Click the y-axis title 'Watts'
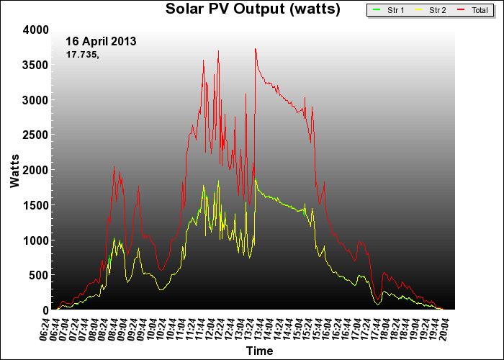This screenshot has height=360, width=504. [15, 169]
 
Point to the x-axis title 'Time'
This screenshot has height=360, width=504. [259, 351]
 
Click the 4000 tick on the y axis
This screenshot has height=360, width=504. [35, 30]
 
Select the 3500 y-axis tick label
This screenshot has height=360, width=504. [35, 65]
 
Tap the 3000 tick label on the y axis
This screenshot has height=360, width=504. [35, 100]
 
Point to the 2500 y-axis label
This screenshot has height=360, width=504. [35, 135]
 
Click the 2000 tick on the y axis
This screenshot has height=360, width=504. [35, 170]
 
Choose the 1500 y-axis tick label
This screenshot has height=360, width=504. [35, 205]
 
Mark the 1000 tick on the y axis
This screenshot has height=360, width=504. [35, 240]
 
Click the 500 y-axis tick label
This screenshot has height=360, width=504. [39, 275]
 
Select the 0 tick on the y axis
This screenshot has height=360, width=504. [45, 310]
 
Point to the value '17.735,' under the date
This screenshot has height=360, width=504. [82, 54]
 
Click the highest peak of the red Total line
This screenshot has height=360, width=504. [255, 49]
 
